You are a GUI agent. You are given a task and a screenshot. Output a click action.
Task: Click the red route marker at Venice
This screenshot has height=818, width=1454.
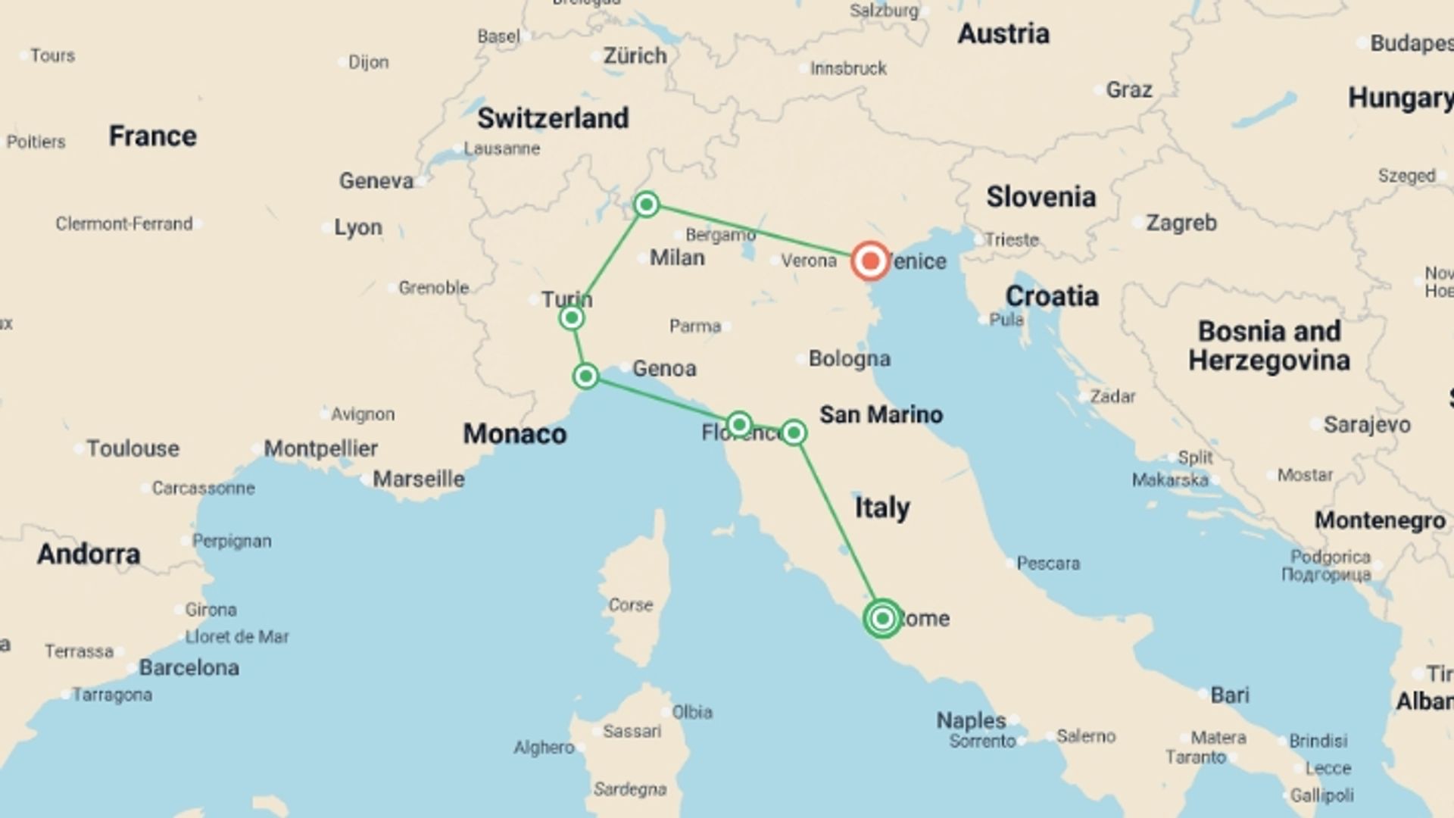[869, 261]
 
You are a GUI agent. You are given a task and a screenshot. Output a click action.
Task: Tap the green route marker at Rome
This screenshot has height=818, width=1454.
[882, 618]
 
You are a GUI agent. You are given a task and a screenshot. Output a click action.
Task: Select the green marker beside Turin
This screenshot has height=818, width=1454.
[572, 318]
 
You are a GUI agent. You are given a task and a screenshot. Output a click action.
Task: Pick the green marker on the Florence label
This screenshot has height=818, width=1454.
[738, 424]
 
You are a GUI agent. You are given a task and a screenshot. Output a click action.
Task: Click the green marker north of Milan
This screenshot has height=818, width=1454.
[646, 204]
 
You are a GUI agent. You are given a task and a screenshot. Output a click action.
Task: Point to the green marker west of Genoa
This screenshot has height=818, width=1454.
[585, 376]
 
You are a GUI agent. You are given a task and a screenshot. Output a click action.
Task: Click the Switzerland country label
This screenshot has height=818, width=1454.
[553, 118]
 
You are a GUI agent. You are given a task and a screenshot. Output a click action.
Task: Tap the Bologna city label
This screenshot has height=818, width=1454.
[849, 358]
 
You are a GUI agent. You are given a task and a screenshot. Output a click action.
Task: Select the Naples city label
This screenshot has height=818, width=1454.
[971, 720]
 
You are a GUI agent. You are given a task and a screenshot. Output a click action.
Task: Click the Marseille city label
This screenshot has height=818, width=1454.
[419, 479]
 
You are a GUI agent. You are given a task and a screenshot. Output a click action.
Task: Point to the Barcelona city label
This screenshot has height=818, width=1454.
[189, 667]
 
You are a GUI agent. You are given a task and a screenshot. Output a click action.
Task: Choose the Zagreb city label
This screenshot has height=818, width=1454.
[1181, 223]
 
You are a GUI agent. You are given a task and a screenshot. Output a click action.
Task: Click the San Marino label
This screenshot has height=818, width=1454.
[881, 414]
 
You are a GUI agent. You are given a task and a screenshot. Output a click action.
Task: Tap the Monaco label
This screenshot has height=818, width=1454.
[515, 434]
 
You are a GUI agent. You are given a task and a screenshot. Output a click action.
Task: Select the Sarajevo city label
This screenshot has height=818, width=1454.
[1367, 425]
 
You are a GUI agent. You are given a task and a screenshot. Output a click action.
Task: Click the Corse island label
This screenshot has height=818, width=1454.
[630, 605]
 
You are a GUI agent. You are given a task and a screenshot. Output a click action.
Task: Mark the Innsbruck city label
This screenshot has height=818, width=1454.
[848, 69]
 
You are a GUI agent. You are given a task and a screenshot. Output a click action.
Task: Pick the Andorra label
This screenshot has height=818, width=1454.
[89, 554]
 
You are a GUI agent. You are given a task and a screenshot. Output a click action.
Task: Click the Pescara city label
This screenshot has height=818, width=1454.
[1048, 564]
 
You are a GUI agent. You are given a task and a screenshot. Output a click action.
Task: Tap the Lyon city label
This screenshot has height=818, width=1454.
[358, 227]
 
